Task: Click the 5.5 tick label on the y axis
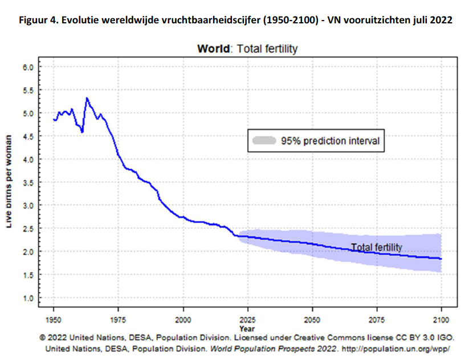point(28,90)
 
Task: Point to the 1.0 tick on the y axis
point(28,297)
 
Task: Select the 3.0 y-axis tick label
point(28,205)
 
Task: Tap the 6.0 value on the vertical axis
point(28,67)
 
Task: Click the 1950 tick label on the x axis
point(54,318)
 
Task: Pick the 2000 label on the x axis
point(183,318)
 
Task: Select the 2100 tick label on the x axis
point(442,318)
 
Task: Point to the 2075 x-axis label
point(377,318)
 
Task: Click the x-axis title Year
point(247,329)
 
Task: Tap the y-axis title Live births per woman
point(10,182)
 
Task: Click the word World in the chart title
point(213,49)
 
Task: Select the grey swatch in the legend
point(263,140)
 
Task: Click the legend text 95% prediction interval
point(330,140)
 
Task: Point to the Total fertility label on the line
point(376,247)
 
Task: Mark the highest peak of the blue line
point(87,98)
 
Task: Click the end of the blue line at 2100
point(442,259)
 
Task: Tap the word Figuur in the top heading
point(33,20)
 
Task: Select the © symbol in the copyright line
point(42,337)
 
